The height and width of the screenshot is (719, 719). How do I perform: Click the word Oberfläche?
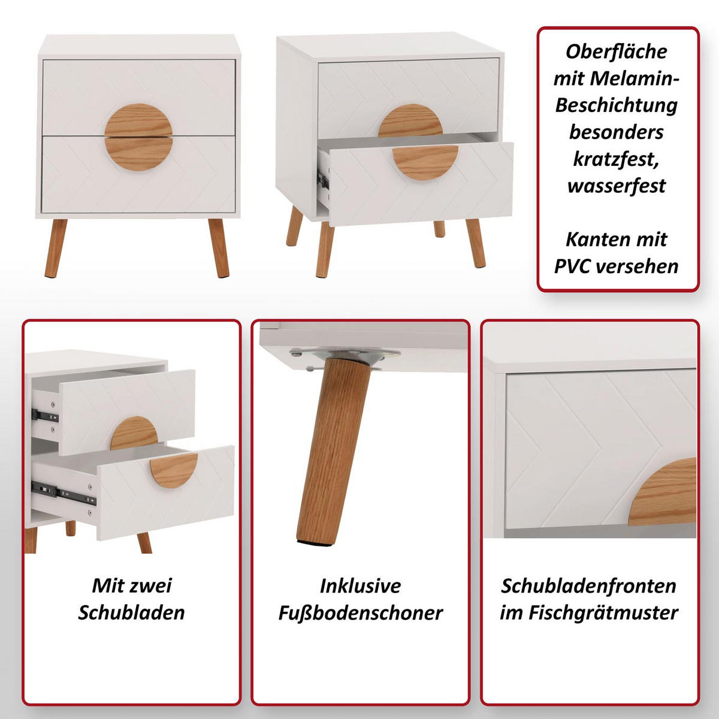(x=616, y=52)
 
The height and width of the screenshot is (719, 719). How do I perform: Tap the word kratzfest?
(x=616, y=159)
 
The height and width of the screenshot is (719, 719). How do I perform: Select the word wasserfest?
(x=617, y=185)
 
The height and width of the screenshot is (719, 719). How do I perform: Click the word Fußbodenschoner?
(x=361, y=613)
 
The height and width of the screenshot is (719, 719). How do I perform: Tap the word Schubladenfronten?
(x=588, y=586)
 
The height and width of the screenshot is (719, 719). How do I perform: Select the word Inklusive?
(x=361, y=586)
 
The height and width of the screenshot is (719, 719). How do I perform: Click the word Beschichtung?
(x=616, y=105)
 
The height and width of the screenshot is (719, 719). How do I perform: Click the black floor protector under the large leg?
(x=314, y=542)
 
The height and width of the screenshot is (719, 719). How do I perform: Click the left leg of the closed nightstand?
(x=56, y=248)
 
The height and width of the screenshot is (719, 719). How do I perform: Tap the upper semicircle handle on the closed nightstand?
(x=138, y=120)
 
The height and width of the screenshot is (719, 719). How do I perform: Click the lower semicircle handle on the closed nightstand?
(x=138, y=154)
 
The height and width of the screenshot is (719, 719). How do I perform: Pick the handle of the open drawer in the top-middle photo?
(x=425, y=162)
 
